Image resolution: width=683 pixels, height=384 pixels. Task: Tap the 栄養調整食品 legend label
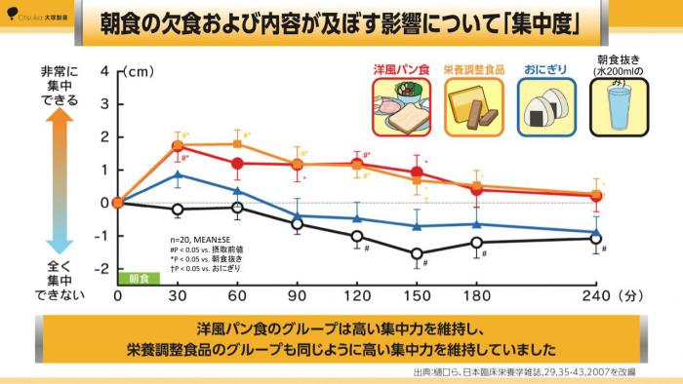click(475, 70)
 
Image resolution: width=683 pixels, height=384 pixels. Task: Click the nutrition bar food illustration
click(475, 105)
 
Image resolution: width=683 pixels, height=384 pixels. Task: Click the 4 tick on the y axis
click(104, 71)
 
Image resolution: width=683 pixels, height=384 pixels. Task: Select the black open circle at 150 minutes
click(417, 253)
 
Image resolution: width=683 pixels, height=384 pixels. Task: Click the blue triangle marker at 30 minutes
click(178, 175)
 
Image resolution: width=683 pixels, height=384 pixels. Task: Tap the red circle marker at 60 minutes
click(237, 163)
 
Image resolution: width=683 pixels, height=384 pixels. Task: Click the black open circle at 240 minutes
click(596, 238)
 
